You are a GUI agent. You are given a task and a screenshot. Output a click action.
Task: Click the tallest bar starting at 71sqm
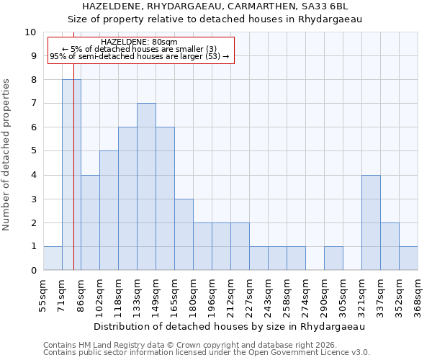click(71, 175)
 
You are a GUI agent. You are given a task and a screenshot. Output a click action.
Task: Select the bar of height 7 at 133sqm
click(146, 186)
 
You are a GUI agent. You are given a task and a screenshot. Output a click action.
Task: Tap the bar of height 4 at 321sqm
click(371, 222)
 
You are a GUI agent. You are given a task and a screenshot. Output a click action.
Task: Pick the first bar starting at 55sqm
click(53, 258)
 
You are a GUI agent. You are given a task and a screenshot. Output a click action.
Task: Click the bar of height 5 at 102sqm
click(109, 210)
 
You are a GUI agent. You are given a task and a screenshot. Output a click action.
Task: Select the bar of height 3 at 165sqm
click(184, 235)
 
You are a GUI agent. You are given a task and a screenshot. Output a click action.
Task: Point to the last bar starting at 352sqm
click(408, 258)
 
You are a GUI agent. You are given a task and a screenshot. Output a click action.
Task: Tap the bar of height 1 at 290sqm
click(333, 258)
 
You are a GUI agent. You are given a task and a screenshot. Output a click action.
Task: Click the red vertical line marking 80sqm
click(73, 180)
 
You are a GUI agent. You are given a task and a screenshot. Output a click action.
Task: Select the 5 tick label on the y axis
click(32, 151)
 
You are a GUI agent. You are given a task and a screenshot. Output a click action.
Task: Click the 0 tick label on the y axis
click(32, 271)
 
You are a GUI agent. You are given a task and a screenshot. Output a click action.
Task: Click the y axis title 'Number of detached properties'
click(7, 155)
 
